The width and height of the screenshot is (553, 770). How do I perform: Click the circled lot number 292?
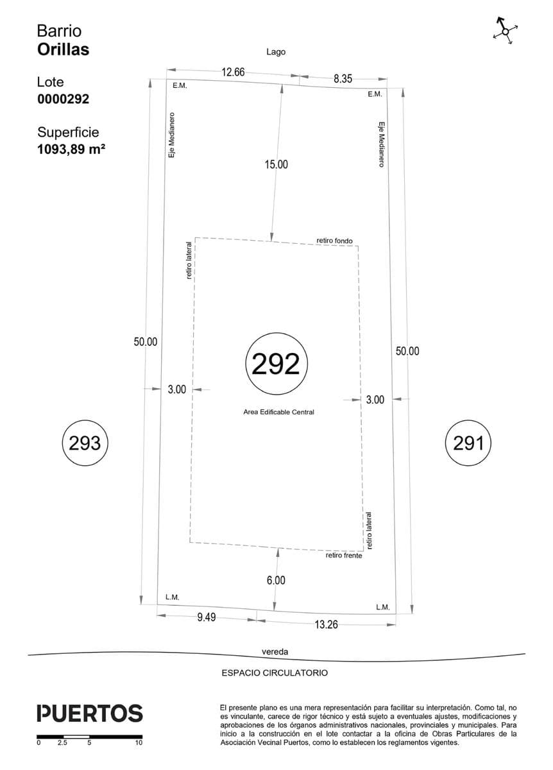[x=276, y=363]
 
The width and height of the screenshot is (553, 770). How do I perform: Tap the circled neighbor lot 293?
[x=85, y=443]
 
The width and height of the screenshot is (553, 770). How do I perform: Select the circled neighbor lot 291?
[x=468, y=443]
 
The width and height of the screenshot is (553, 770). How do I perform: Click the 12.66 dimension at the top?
[x=233, y=72]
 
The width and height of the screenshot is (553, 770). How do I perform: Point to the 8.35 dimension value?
[x=343, y=79]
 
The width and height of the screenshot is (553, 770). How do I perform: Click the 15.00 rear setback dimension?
[x=276, y=164]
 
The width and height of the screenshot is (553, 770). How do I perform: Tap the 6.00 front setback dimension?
[x=276, y=580]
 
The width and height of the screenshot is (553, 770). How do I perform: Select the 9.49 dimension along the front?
[x=206, y=617]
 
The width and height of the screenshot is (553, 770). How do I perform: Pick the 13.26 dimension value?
[x=326, y=624]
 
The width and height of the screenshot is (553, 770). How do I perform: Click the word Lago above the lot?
[x=276, y=52]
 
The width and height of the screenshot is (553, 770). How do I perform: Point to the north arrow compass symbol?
[x=506, y=31]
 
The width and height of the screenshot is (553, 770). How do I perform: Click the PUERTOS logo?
[x=90, y=714]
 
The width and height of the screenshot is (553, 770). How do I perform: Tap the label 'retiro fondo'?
[x=334, y=241]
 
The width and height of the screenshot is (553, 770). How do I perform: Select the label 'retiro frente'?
[x=344, y=556]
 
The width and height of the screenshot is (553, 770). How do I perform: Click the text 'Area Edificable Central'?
[x=278, y=412]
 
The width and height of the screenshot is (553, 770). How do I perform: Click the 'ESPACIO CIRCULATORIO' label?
[x=275, y=672]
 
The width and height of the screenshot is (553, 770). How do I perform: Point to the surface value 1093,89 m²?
[x=71, y=150]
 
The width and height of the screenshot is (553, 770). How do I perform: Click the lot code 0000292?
[x=64, y=99]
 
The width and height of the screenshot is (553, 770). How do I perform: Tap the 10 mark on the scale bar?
[x=139, y=742]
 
